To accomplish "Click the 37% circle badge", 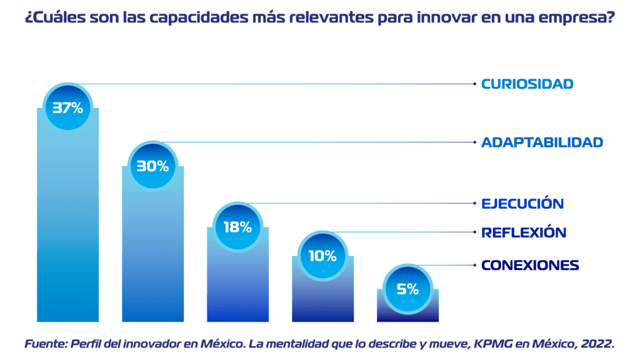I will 67,107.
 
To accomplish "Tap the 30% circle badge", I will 152,166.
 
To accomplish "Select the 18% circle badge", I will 237,227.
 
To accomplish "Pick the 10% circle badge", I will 322,256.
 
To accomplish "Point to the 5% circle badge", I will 407,289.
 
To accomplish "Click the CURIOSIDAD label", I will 527,84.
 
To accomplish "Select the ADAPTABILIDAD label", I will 542,142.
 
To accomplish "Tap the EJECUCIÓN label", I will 522,204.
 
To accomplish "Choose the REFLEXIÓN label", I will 524,232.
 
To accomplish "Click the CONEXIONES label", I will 530,266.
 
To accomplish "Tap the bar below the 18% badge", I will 237,287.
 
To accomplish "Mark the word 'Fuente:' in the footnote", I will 45,343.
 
